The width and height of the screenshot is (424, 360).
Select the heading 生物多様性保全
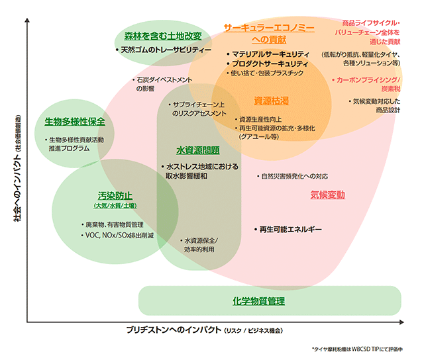[x=75, y=122]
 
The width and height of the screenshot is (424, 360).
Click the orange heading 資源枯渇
[x=272, y=101]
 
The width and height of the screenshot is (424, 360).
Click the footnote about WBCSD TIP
[x=361, y=348]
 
